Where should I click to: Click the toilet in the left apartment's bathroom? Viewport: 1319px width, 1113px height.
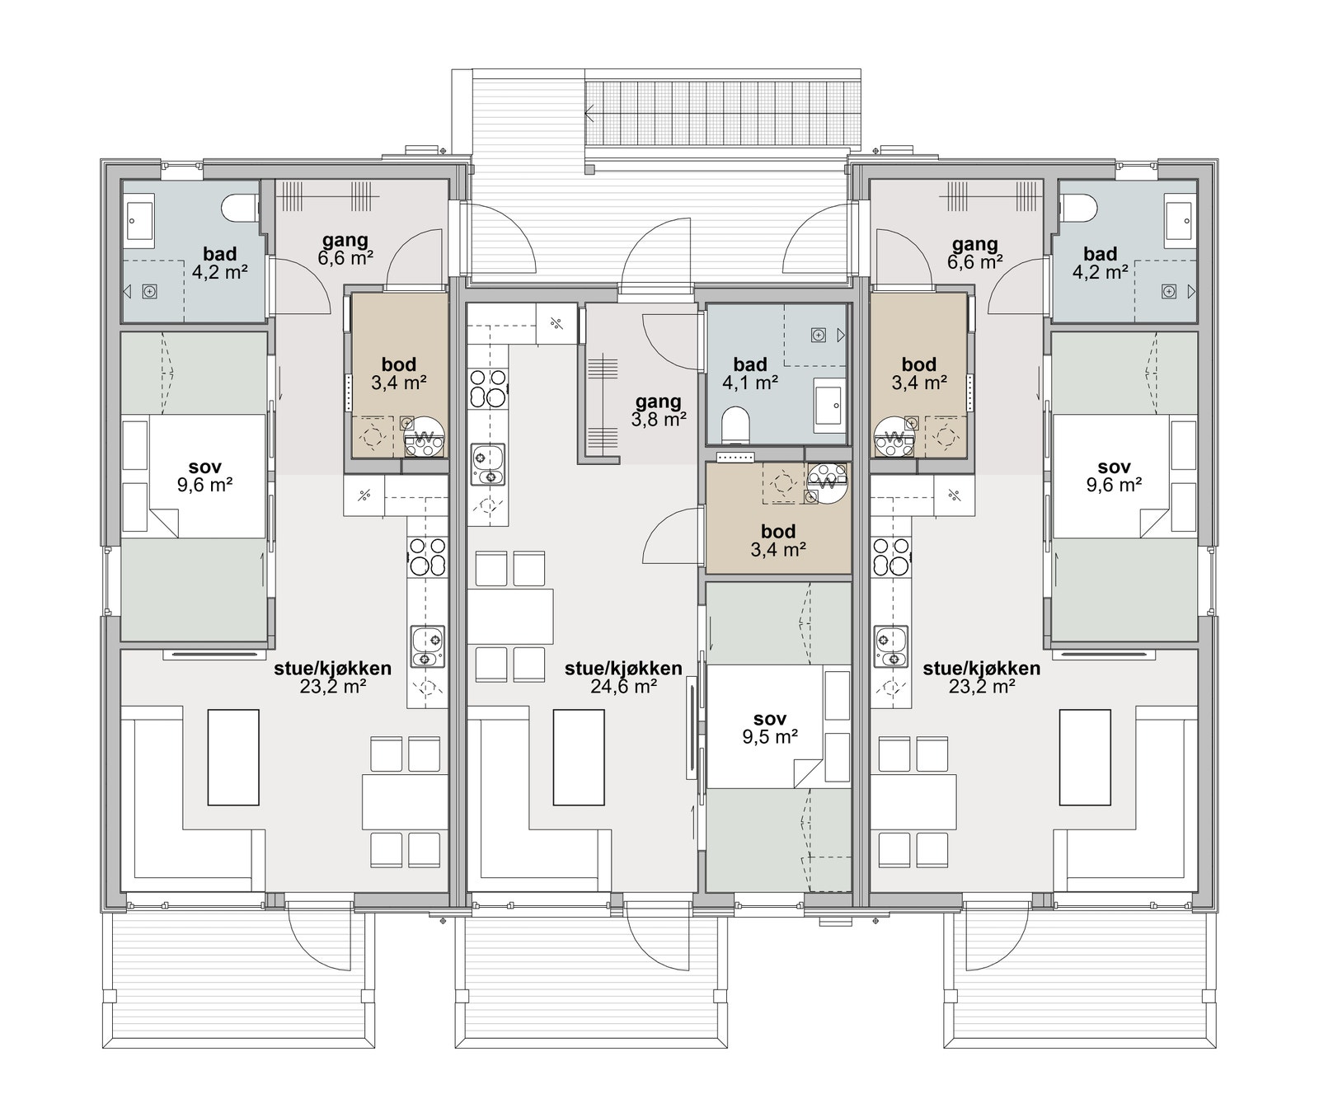pos(241,208)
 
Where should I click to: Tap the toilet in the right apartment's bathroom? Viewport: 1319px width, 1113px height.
pos(1077,208)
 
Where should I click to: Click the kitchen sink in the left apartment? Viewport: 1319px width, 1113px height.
pos(426,646)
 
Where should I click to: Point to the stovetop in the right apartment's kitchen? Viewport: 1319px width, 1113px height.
pos(890,556)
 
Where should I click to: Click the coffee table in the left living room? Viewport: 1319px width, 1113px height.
pos(233,757)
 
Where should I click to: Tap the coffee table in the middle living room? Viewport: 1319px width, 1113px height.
pos(579,757)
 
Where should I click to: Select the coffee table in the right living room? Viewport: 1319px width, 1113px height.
pos(1085,757)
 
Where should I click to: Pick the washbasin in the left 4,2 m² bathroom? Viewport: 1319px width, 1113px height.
pos(139,220)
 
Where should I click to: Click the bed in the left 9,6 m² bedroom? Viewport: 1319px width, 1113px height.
pos(194,476)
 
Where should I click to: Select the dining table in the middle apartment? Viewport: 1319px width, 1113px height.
pos(509,616)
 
